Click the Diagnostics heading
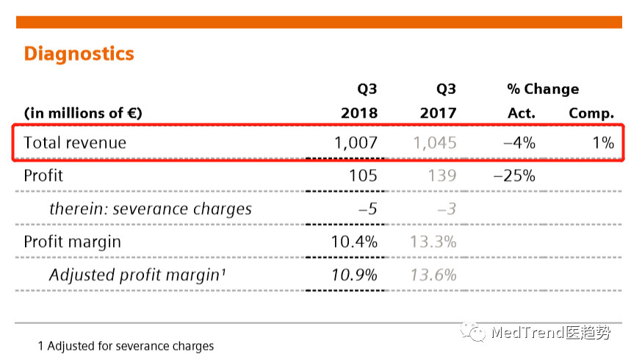click(79, 54)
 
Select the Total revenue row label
click(75, 143)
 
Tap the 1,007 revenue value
click(356, 143)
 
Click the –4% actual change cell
click(519, 143)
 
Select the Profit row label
click(43, 176)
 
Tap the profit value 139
click(442, 176)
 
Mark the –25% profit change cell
click(514, 176)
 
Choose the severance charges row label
click(151, 209)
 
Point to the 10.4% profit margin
click(356, 242)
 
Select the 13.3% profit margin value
click(433, 242)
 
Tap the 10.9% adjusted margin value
click(356, 275)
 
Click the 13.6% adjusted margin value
click(433, 275)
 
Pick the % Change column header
click(543, 89)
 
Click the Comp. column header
click(591, 113)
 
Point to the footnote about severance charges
click(126, 345)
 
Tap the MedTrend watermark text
click(550, 333)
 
